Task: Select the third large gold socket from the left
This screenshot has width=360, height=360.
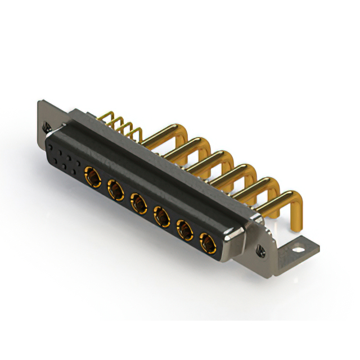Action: (138, 203)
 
